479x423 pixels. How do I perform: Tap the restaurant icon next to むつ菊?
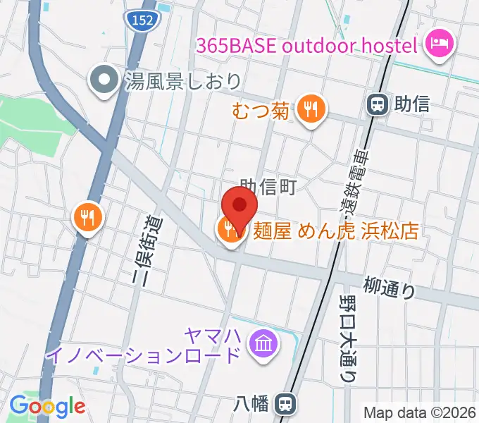309,109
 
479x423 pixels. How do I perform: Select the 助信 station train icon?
378,105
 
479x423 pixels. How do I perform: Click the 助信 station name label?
413,105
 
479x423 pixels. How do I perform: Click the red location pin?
239,207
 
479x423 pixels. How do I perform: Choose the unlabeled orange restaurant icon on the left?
87,217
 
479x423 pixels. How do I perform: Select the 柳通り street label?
390,287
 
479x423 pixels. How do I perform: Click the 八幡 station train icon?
285,404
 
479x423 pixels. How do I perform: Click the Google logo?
47,406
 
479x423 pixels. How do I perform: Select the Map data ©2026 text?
420,412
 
